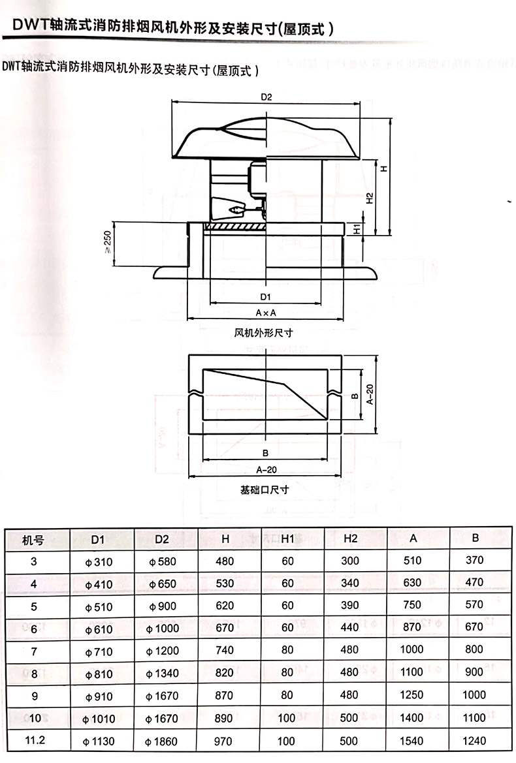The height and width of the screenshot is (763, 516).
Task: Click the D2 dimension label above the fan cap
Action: (266, 97)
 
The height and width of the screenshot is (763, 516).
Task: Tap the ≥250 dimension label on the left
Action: (108, 241)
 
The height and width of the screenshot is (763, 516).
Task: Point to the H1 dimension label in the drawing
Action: (357, 228)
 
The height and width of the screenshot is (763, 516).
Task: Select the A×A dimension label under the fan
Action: (266, 313)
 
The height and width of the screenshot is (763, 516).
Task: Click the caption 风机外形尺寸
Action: (263, 333)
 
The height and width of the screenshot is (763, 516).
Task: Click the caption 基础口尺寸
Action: (265, 490)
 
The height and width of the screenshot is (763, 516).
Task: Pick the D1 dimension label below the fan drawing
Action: (265, 297)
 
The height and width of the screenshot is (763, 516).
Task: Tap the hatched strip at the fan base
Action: (235, 226)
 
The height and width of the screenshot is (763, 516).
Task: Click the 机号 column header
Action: (33, 540)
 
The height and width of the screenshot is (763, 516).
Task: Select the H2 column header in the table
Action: (351, 538)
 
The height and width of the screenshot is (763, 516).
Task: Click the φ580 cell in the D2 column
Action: (163, 561)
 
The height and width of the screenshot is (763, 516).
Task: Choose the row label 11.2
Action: (35, 740)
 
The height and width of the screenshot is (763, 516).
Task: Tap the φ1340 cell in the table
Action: (163, 674)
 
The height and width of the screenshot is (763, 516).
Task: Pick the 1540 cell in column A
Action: (411, 741)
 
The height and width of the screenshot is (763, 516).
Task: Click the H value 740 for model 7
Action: (225, 650)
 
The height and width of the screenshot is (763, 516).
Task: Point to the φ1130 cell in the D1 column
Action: (99, 741)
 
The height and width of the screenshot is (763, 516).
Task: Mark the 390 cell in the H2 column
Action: (350, 605)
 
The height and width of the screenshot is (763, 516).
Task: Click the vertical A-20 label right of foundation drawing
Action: (370, 395)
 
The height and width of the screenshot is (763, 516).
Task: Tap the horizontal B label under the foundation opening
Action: (265, 453)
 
